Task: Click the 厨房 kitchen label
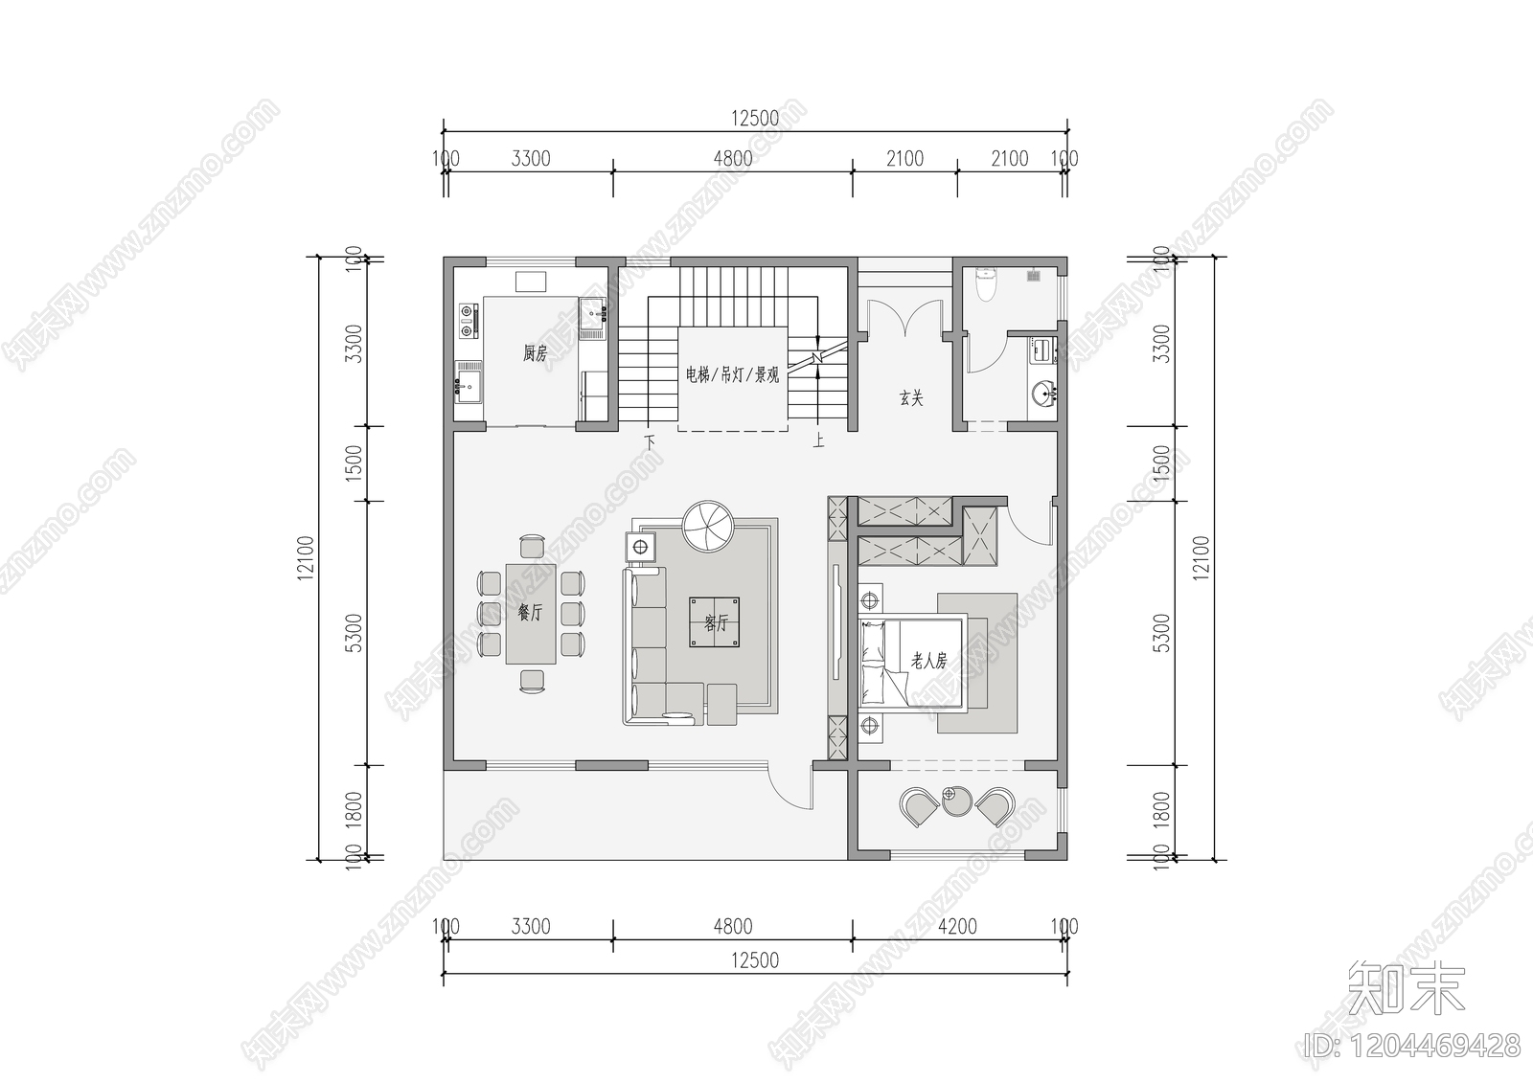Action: click(x=535, y=353)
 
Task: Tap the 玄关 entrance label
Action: click(x=911, y=397)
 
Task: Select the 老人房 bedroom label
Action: click(x=928, y=661)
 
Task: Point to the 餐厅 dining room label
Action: click(x=530, y=613)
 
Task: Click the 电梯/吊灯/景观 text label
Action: click(x=732, y=374)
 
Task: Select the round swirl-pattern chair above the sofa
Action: click(x=706, y=527)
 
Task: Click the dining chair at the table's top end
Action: click(x=531, y=546)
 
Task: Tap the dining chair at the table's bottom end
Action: click(x=532, y=681)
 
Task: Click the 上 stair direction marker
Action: click(x=818, y=441)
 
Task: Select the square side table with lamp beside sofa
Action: click(x=639, y=548)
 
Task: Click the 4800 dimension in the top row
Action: click(x=732, y=159)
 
